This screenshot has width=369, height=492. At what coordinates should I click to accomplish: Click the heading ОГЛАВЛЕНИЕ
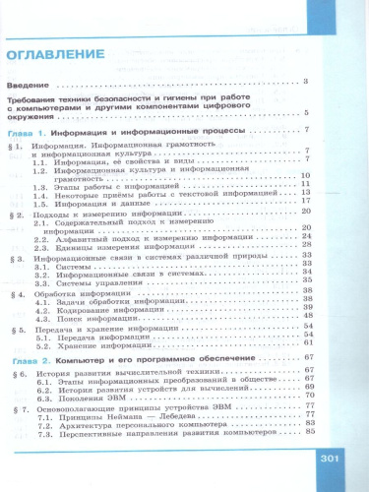(x=60, y=51)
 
